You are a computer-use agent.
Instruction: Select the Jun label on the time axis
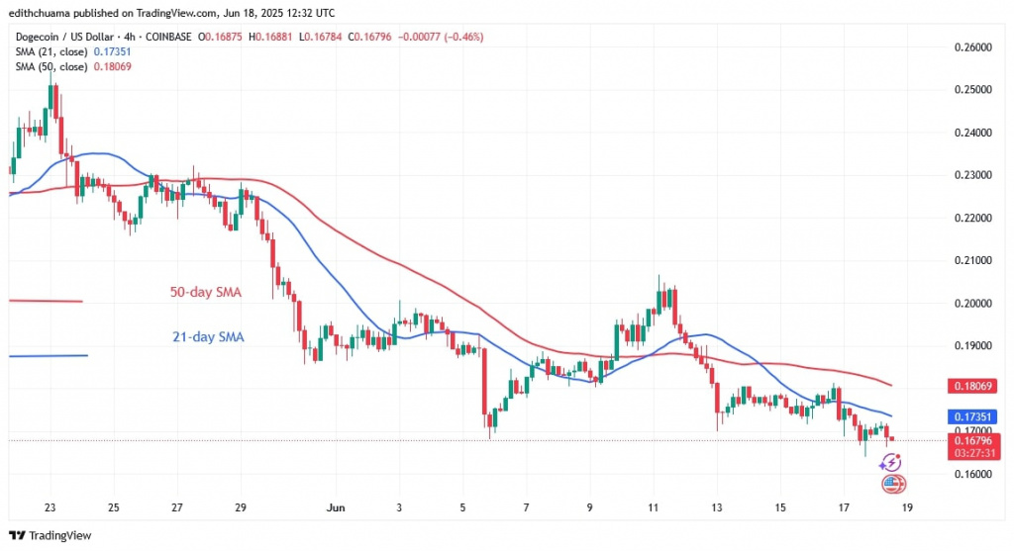point(336,507)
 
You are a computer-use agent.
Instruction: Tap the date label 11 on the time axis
point(653,507)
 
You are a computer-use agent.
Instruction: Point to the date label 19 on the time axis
point(906,507)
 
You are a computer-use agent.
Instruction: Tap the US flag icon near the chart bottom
point(892,484)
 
